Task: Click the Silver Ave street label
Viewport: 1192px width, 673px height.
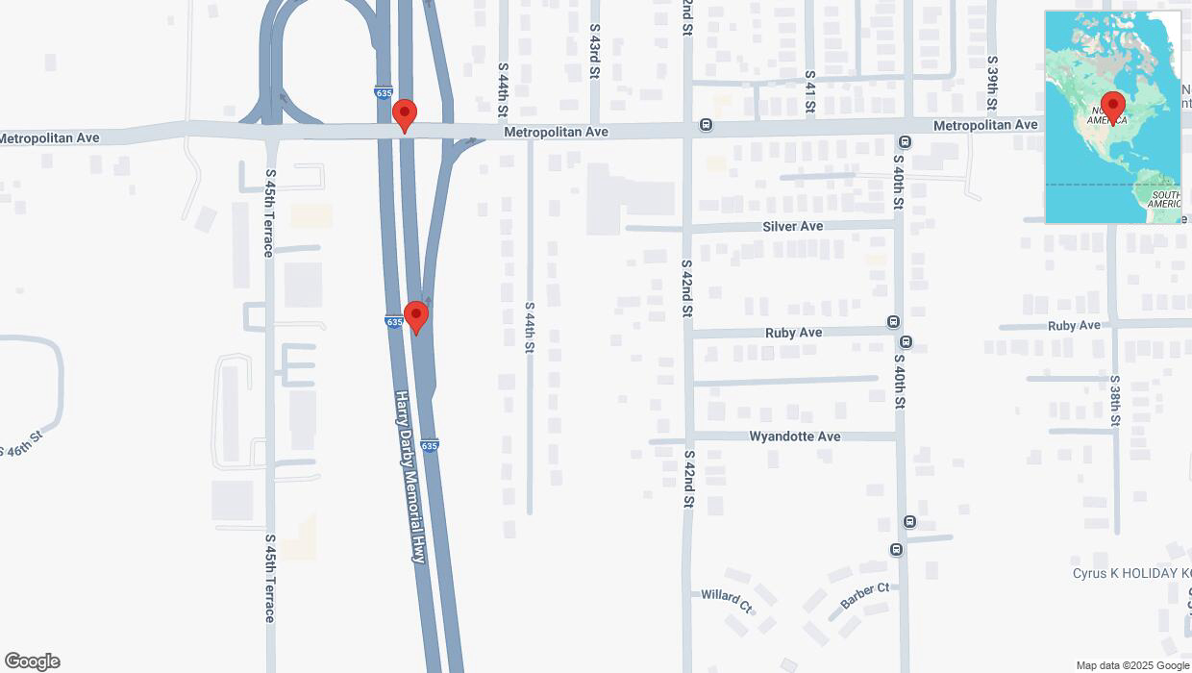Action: (792, 226)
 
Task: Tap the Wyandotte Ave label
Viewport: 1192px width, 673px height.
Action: (795, 436)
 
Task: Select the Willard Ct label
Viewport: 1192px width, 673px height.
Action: (726, 600)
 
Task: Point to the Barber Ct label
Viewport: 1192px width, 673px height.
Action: (864, 595)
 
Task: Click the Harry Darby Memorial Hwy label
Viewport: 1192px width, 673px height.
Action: (410, 475)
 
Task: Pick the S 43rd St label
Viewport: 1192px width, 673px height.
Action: (595, 52)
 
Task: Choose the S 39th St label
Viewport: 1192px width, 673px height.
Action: (992, 82)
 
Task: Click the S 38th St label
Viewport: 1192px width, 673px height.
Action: (1115, 401)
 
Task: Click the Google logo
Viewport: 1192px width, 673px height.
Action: (32, 661)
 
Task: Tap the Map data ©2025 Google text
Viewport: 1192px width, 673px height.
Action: (1132, 665)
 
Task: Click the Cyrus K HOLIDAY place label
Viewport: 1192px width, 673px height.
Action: (1131, 573)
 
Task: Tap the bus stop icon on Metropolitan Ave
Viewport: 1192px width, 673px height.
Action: (707, 125)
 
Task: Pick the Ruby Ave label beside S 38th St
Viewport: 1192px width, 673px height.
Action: (1074, 326)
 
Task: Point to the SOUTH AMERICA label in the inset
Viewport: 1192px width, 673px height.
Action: (1164, 199)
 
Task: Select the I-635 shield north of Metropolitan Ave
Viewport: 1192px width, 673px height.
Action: (384, 92)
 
